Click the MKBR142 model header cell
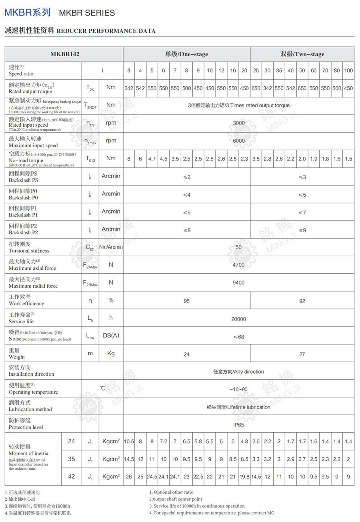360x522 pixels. [x=64, y=54]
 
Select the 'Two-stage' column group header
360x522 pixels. [x=302, y=54]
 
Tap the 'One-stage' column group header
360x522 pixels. [x=186, y=54]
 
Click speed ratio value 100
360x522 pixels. [x=348, y=70]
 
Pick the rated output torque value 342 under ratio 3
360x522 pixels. [x=129, y=88]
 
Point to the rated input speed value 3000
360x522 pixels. [x=238, y=123]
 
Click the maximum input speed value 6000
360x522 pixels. [x=238, y=141]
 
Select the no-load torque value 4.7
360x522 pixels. [x=152, y=159]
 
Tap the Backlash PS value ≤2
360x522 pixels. [x=186, y=177]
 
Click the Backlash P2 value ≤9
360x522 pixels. [x=302, y=230]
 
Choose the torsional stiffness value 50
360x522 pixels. [x=238, y=247]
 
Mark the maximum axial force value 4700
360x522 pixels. [x=238, y=265]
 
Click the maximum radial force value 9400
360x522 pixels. [x=238, y=283]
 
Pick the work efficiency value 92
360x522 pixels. [x=302, y=301]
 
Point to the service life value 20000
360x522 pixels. [x=238, y=319]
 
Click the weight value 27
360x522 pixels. [x=302, y=354]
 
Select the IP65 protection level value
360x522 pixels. [x=238, y=425]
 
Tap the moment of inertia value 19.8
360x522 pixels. [x=244, y=477]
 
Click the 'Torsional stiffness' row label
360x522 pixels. [x=29, y=247]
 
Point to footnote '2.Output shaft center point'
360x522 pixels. [x=176, y=499]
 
